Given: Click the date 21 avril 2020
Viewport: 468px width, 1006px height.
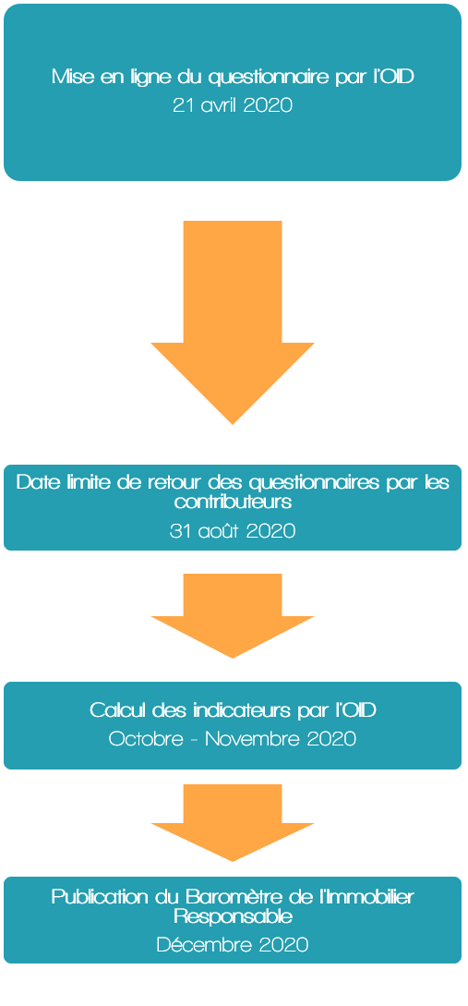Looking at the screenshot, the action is (x=233, y=105).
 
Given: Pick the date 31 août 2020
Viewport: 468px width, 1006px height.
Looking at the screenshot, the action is (x=233, y=531).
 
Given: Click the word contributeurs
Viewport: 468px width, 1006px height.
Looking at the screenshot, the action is (x=233, y=502).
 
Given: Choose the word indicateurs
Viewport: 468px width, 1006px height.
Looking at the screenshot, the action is (x=235, y=711).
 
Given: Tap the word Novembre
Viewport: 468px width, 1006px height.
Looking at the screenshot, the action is (x=253, y=738).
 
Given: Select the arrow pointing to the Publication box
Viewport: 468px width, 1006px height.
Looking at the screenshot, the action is (x=233, y=822).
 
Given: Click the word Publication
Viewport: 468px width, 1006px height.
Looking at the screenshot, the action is (x=99, y=896).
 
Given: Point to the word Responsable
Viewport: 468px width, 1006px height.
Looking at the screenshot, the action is (x=233, y=916).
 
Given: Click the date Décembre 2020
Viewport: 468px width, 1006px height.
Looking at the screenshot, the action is (x=233, y=945).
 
